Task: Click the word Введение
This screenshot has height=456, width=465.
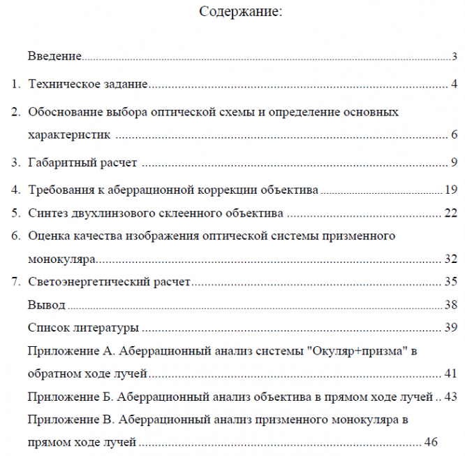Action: coord(55,56)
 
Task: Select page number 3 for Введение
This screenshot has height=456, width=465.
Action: coord(454,57)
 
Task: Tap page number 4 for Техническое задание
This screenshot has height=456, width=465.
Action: coord(454,85)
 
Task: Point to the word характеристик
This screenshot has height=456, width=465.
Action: coord(70,134)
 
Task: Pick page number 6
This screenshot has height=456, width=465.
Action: coord(454,134)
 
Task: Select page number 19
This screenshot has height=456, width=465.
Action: coord(450,190)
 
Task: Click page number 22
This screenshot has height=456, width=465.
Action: coord(450,213)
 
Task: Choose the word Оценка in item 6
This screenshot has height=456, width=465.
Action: coord(47,236)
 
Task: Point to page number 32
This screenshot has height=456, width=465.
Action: coord(450,259)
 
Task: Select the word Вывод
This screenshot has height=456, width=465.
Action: coord(47,306)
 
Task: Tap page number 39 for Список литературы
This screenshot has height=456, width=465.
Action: coord(450,327)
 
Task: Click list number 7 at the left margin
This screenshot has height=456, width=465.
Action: coord(15,283)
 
